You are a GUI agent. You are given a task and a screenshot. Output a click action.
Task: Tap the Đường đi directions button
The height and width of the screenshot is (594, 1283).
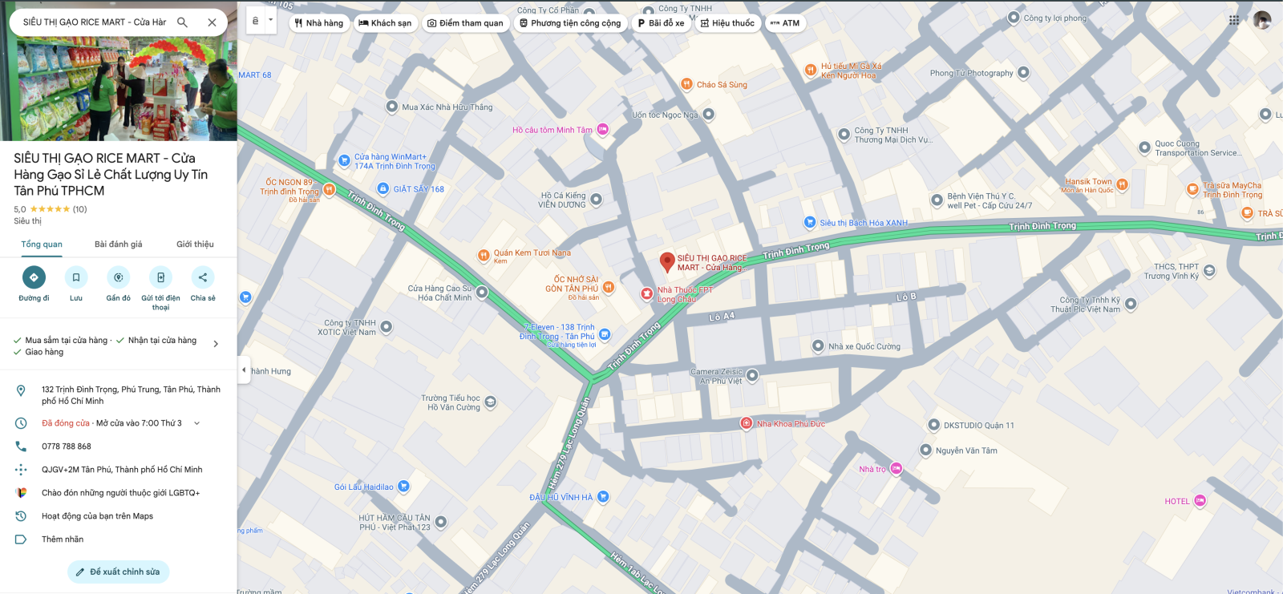pos(34,277)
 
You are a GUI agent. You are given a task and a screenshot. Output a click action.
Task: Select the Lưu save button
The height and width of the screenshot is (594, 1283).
pos(76,277)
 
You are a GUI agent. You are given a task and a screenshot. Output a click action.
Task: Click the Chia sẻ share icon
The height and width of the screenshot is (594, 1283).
pos(203,277)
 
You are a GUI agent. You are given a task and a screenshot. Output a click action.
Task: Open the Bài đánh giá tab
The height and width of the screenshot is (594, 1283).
pos(118,244)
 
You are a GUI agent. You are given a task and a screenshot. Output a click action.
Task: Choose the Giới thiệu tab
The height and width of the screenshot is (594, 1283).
pos(195,244)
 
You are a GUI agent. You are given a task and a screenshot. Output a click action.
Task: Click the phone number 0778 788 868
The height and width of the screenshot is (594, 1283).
pos(67,447)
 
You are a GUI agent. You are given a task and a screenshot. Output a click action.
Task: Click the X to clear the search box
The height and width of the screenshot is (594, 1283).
pos(212,22)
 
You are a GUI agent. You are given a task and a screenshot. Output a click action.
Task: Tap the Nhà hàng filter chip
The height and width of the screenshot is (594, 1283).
pos(319,23)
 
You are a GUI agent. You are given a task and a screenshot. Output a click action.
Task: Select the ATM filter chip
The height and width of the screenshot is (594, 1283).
pos(785,23)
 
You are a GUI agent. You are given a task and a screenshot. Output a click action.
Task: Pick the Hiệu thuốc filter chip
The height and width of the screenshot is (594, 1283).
pos(727,23)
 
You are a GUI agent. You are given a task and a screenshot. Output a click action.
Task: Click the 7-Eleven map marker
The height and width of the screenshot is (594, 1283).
pos(605,334)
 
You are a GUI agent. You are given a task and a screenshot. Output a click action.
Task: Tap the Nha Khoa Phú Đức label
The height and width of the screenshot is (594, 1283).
pos(790,424)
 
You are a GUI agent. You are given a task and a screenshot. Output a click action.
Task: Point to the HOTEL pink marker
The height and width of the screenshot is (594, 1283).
pos(1200,501)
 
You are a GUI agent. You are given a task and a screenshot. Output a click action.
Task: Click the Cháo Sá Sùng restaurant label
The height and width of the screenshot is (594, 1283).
pos(721,84)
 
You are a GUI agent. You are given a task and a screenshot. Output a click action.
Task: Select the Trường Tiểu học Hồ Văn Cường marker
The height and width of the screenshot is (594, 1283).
pos(491,402)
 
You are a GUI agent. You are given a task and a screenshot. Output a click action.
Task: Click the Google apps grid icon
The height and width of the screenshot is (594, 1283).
pos(1234,21)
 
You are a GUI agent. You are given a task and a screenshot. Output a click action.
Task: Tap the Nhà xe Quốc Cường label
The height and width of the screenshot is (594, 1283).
pos(864,346)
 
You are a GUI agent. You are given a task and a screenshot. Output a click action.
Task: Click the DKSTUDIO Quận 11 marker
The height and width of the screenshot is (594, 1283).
pos(933,425)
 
